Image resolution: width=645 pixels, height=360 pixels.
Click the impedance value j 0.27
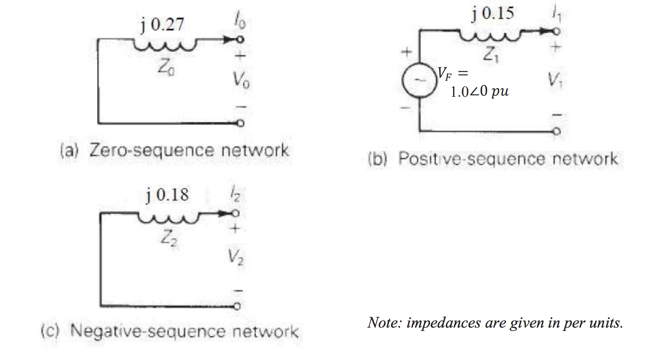(x=163, y=25)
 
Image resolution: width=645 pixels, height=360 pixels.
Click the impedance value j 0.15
(x=493, y=14)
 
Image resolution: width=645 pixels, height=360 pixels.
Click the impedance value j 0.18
(x=168, y=195)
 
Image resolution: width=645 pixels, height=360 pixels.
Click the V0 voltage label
(x=241, y=80)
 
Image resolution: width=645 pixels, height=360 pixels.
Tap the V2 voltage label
(x=235, y=257)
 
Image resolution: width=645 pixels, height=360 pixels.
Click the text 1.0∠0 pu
(x=479, y=91)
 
